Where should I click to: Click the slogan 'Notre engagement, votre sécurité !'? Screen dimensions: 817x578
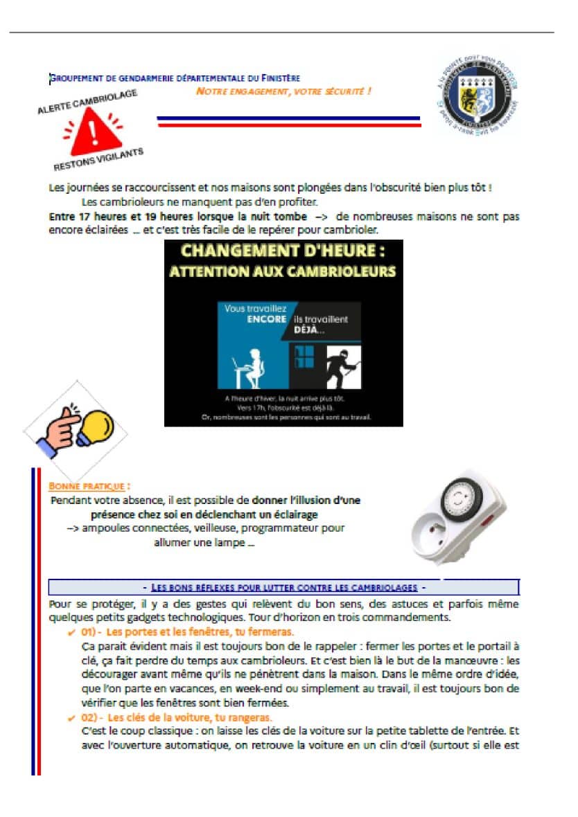[283, 91]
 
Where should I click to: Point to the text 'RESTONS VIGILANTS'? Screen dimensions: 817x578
[98, 159]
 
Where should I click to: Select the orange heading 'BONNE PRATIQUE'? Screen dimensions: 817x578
[89, 486]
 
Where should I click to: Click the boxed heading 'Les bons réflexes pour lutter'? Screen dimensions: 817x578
[282, 587]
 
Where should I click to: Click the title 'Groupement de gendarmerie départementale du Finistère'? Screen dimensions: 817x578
[175, 78]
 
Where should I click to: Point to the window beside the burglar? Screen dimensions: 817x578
[305, 357]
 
